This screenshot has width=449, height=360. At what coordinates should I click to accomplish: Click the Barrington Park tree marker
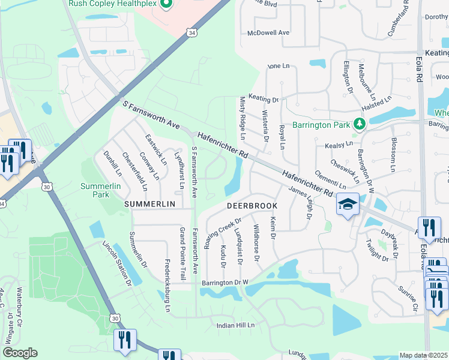pos(360,124)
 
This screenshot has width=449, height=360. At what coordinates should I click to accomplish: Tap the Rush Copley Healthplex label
pos(113,4)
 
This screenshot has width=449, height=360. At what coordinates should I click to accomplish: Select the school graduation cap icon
pos(348,205)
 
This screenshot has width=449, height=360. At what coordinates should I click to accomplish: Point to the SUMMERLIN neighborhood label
pos(149,205)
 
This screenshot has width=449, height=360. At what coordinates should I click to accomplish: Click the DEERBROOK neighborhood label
pos(251,205)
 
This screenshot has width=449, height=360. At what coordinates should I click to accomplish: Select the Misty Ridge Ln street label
pos(243,115)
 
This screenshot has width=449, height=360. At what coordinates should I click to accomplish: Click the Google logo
pos(20,353)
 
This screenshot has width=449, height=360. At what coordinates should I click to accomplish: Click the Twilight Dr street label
pos(377,249)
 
